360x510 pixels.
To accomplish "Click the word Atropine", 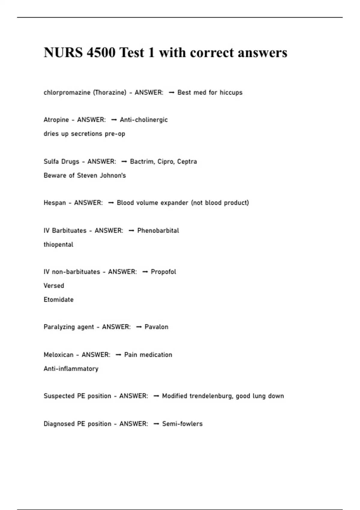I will [x=56, y=120].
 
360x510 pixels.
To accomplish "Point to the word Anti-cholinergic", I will [x=144, y=120].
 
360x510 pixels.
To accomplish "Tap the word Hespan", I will [x=55, y=203].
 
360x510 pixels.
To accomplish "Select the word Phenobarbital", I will [x=158, y=230].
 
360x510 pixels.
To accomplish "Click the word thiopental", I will [x=58, y=244].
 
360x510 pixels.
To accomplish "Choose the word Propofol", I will [x=163, y=272].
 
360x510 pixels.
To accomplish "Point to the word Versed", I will [x=54, y=286].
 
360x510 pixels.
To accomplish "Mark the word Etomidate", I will [x=58, y=299].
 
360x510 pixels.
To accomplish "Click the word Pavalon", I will [x=156, y=327].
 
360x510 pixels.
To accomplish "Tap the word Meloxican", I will [x=58, y=355].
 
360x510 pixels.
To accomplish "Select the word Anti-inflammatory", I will [x=71, y=368].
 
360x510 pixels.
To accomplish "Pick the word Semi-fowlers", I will [x=182, y=424].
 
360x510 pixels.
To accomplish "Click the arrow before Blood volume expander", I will [x=111, y=203].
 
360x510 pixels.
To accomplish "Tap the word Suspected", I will [x=59, y=396].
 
